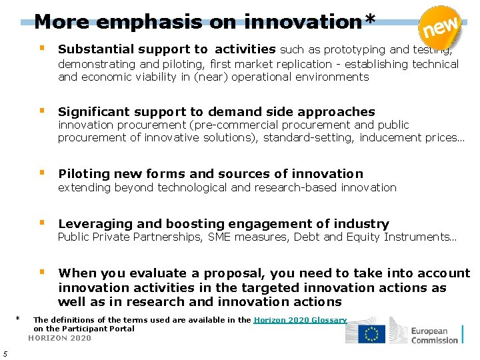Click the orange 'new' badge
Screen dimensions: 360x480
coord(441,27)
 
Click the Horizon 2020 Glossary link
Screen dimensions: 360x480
coord(300,320)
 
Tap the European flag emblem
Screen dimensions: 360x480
coord(371,334)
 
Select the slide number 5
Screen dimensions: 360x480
coord(5,353)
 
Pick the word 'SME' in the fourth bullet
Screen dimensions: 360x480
coord(219,237)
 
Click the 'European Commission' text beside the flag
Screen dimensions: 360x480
coord(434,335)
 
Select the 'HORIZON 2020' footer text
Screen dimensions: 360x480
coord(60,338)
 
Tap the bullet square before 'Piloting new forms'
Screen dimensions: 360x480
coord(42,173)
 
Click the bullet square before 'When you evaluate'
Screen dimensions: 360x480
coord(42,272)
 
